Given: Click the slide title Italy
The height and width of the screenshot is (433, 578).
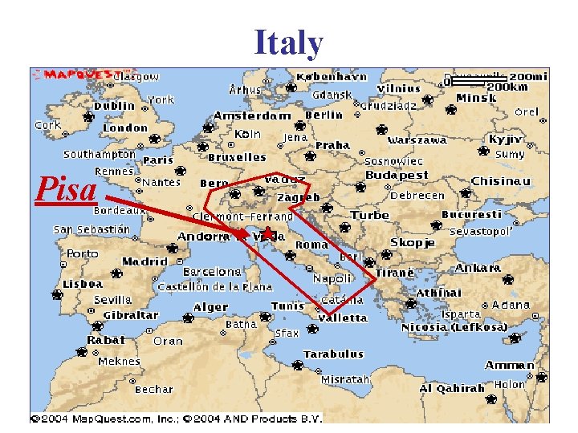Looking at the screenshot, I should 289,43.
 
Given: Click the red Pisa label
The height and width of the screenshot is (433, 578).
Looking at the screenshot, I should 67,189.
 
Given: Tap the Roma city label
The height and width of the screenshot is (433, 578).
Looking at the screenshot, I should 312,245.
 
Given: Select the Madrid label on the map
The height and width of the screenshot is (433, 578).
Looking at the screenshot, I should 144,261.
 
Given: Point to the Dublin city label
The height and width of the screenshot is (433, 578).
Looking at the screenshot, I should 114,106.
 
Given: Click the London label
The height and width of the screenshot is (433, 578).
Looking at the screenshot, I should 125,127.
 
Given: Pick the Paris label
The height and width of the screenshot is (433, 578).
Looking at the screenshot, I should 158,160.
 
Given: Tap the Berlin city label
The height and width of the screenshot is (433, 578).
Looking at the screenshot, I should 324,115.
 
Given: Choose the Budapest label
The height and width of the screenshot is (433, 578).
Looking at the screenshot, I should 397,175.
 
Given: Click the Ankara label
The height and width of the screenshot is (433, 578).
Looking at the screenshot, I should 478,268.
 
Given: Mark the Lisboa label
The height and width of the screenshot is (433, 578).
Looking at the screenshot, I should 83,284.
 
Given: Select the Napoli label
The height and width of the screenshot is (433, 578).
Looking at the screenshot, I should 332,278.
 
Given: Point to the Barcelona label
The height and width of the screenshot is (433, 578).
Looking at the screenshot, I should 212,272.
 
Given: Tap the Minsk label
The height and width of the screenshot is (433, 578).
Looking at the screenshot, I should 476,98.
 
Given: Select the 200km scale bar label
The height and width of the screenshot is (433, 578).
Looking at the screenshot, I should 507,87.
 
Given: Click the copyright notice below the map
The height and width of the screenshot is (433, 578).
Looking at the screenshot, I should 176,418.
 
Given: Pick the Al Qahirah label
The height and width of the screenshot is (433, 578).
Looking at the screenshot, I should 452,388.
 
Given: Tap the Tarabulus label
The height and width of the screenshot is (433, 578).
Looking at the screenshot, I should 333,354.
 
